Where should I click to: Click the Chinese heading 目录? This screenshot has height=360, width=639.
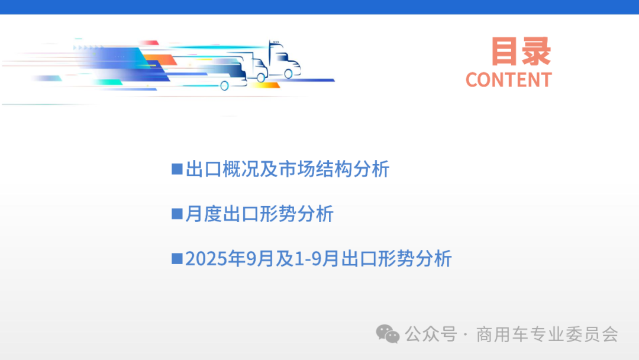521,52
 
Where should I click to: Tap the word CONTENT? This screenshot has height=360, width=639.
508,80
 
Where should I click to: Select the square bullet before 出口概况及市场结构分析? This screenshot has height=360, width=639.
176,169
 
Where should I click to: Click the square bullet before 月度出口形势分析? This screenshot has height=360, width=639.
176,214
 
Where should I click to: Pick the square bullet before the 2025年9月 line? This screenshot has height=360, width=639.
176,259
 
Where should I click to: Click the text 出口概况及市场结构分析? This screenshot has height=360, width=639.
288,169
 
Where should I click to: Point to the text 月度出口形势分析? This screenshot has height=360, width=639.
260,214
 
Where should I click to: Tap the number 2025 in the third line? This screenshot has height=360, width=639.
203,259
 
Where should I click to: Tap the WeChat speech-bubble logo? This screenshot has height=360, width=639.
388,334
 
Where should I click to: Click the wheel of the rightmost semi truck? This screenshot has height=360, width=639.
288,74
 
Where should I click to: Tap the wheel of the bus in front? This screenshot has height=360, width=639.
225,86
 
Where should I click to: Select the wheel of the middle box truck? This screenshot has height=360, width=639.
260,77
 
